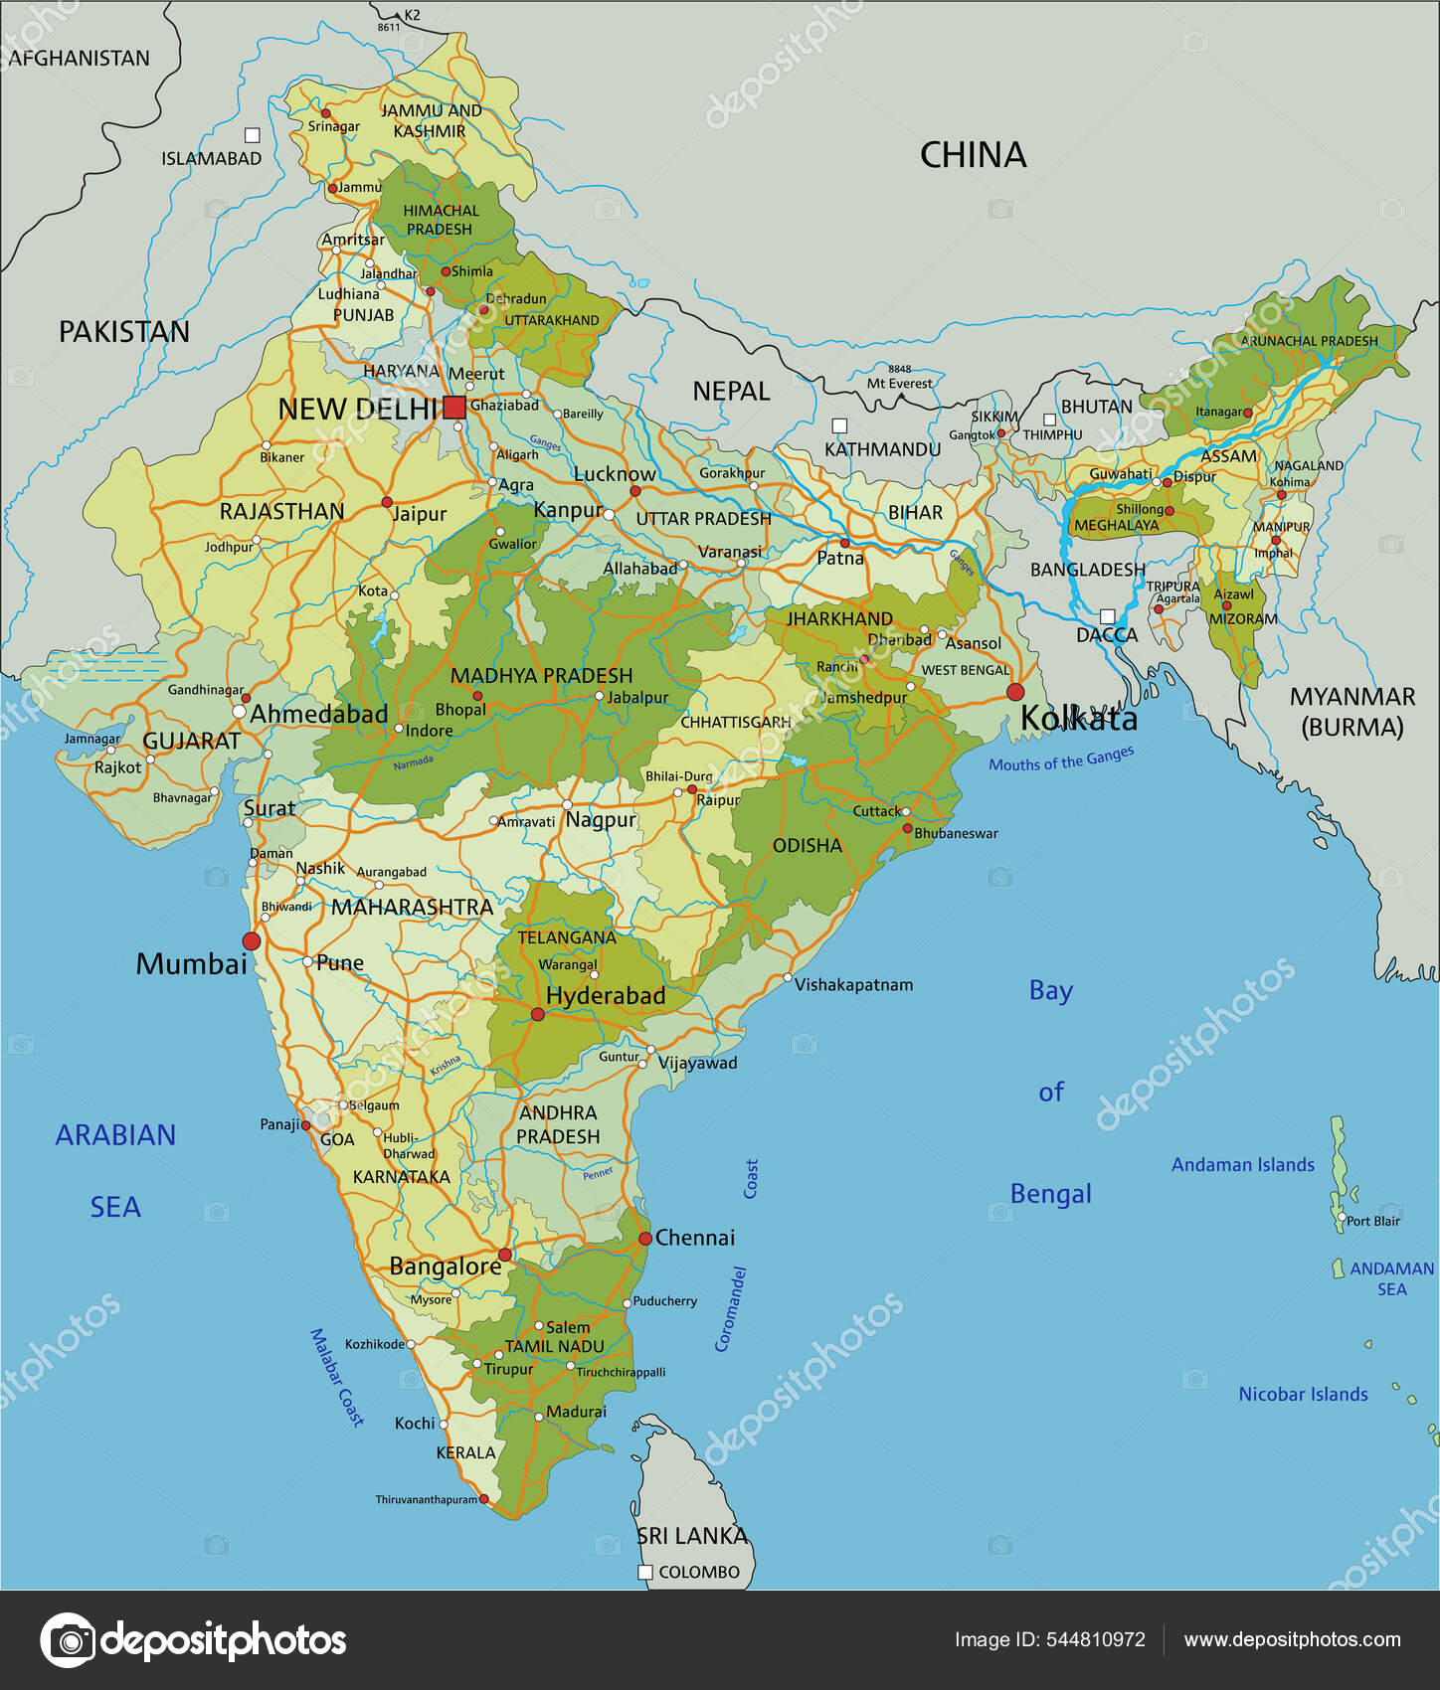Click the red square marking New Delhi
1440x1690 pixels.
click(454, 407)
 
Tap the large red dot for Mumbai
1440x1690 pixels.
click(252, 940)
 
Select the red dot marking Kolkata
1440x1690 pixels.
click(1015, 691)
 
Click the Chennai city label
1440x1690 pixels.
click(695, 1238)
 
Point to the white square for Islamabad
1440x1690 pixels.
click(253, 135)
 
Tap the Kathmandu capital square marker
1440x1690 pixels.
click(839, 425)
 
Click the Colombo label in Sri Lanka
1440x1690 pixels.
click(699, 1572)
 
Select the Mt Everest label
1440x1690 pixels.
click(900, 383)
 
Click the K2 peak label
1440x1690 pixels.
click(412, 15)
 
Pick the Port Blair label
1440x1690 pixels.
click(1373, 1221)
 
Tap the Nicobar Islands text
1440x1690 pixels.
click(1303, 1394)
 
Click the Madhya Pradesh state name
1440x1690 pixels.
click(541, 676)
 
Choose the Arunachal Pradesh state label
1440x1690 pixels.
click(1309, 341)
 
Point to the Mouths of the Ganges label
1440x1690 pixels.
click(1061, 760)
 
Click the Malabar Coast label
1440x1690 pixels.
click(337, 1377)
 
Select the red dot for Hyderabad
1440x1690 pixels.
click(538, 1014)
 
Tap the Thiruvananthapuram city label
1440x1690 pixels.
click(426, 1499)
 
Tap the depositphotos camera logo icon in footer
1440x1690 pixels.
click(68, 1640)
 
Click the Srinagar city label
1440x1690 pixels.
click(334, 126)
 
